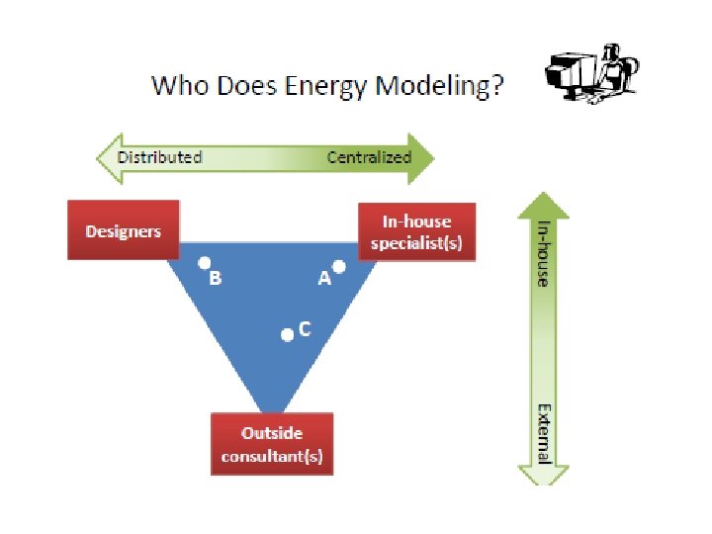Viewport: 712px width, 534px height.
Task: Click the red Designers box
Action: coord(123,230)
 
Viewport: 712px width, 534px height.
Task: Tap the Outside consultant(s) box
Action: coord(272,444)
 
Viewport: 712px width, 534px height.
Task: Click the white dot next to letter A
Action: coord(339,267)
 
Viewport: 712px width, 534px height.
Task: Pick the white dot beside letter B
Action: coord(204,264)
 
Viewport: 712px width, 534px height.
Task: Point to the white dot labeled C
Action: coord(287,335)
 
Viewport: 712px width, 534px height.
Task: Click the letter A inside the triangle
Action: coord(323,280)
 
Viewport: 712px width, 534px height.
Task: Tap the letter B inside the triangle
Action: coord(216,279)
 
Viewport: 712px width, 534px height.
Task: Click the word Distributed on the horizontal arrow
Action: coord(159,157)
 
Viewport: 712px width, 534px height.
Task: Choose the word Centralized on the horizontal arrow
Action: coord(369,157)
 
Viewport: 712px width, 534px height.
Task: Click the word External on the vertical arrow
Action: coord(543,432)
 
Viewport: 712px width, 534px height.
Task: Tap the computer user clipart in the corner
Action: coord(590,73)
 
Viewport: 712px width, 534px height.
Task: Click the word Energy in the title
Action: coord(315,87)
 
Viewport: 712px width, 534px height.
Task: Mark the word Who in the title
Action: coord(176,86)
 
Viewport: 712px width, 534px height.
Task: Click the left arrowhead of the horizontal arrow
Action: coord(106,157)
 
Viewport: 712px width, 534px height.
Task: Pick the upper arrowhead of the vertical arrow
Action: coord(543,206)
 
